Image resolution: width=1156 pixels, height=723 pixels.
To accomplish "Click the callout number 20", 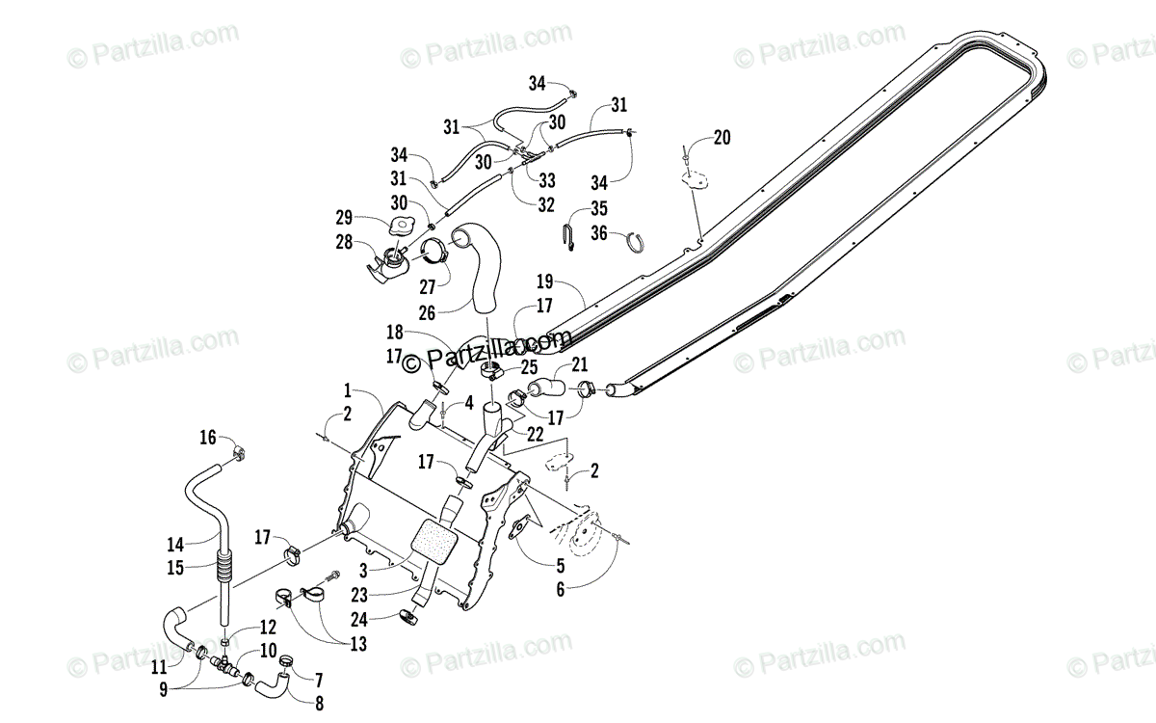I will (x=722, y=138).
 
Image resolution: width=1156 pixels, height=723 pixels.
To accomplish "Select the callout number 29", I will (x=343, y=218).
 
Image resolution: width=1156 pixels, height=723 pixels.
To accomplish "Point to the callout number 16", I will (x=208, y=438).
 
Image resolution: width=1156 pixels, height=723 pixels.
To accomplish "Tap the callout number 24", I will (x=358, y=620).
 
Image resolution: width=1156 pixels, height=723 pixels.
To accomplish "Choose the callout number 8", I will (x=318, y=704).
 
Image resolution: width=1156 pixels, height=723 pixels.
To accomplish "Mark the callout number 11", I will (x=159, y=666).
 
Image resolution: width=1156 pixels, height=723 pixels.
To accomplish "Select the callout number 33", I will (x=547, y=179).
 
